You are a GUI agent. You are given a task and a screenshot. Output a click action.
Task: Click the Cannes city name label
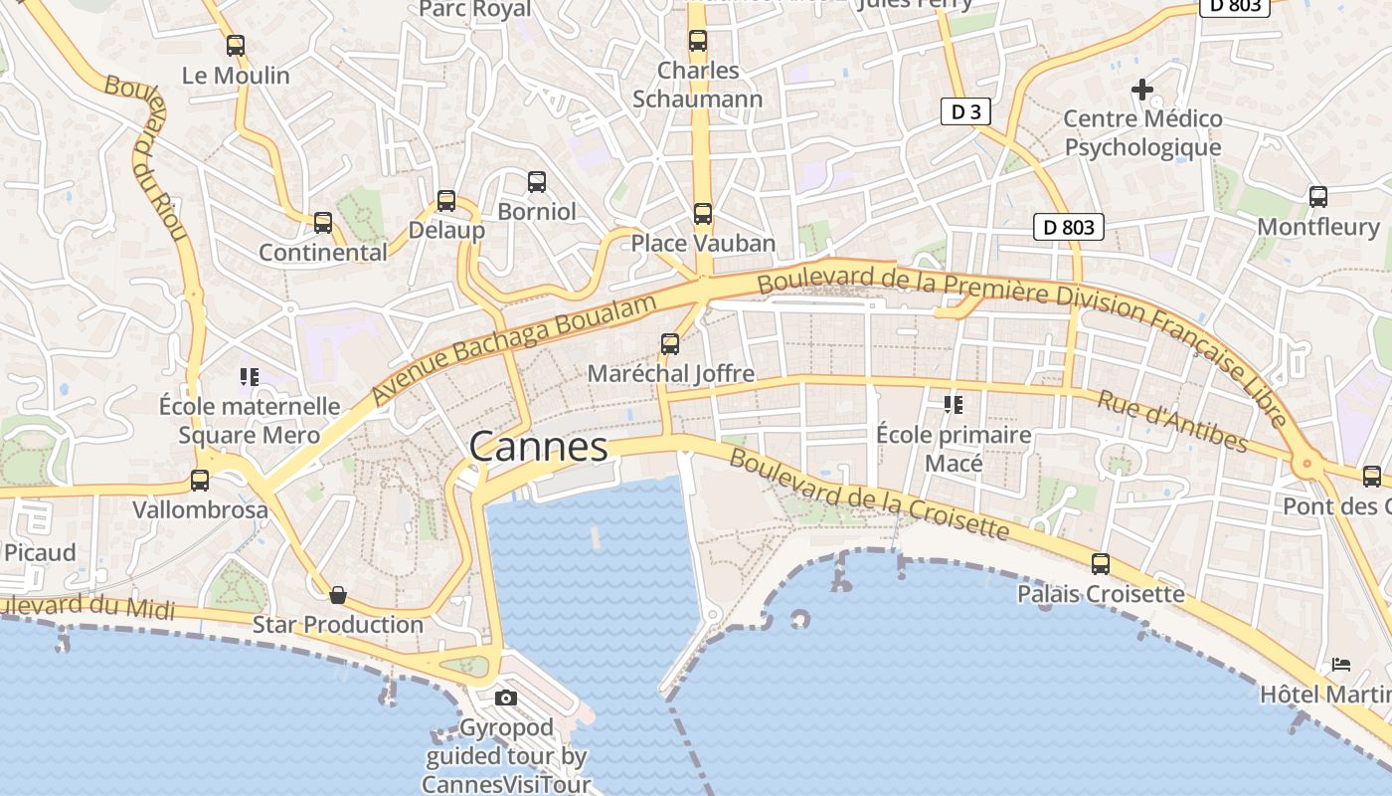tap(538, 447)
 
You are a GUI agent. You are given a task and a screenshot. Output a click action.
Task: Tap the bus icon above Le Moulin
tap(236, 46)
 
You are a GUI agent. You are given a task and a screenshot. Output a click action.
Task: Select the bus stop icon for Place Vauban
tap(703, 214)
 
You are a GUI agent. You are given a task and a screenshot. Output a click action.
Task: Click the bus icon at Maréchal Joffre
tap(670, 344)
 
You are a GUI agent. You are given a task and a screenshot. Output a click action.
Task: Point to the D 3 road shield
tap(965, 111)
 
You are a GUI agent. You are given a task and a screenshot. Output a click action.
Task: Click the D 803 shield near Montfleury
tap(1069, 227)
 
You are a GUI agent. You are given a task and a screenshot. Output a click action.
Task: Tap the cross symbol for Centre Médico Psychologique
tap(1142, 90)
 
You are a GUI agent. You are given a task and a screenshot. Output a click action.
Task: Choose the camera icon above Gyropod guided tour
tap(506, 697)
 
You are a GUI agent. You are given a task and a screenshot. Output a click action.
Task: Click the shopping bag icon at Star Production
tap(338, 595)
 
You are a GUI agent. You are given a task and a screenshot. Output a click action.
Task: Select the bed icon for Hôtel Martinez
tap(1341, 664)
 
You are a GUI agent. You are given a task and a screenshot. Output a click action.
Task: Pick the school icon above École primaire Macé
tap(954, 405)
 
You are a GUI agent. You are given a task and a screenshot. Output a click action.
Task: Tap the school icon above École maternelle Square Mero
tap(249, 377)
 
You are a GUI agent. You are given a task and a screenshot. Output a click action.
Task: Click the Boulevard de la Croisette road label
tap(869, 495)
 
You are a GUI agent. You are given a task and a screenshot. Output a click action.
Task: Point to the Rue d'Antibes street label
tap(1172, 420)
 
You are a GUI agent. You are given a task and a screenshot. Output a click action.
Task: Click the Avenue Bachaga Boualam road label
tap(515, 349)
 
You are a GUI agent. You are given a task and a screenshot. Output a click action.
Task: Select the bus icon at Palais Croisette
tap(1101, 564)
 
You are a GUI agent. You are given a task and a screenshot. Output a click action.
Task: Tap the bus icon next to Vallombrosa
tap(200, 481)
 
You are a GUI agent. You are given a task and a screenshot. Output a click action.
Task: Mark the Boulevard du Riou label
tap(146, 157)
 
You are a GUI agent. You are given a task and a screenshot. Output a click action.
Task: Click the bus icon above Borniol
tap(537, 182)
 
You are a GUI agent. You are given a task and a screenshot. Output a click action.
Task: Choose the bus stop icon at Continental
tap(323, 223)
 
